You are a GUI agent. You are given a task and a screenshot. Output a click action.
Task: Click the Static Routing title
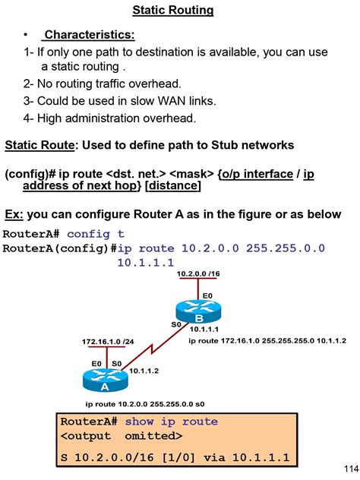(x=173, y=11)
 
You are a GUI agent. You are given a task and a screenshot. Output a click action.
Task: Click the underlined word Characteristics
(x=89, y=35)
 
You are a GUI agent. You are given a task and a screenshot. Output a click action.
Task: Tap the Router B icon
(x=199, y=312)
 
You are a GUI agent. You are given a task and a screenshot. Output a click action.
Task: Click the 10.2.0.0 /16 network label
(x=198, y=273)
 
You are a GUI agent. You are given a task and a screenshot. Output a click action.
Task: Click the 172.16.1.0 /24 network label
(x=107, y=343)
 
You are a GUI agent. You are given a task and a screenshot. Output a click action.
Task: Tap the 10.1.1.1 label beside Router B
(x=205, y=329)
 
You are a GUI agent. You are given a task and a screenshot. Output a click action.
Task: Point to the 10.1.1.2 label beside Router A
(x=144, y=371)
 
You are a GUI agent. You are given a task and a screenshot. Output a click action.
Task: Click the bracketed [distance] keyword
(x=172, y=186)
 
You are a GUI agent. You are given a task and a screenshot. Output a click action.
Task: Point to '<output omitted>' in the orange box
(x=121, y=436)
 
